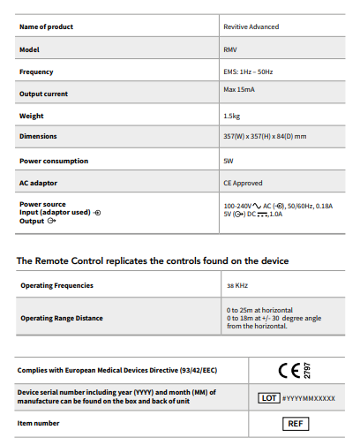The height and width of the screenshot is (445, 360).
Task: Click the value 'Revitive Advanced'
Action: pos(251,27)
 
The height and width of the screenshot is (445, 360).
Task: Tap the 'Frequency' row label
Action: pos(36,72)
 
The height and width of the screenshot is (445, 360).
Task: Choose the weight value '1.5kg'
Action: pos(233,116)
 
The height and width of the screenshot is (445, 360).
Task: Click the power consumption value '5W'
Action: pos(229,162)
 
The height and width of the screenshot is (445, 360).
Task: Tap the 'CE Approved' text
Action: pos(243,183)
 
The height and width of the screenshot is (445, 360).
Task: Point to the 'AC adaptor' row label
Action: pos(39,183)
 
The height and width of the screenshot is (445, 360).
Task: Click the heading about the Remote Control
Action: pos(153,261)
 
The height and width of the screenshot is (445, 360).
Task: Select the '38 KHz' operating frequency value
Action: pos(236,286)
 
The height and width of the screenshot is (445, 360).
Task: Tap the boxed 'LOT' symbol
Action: pos(268,398)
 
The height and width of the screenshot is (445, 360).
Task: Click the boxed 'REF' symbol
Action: pos(296,424)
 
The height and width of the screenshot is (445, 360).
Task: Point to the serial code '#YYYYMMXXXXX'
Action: pos(309,399)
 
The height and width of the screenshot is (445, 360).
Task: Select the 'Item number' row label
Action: pos(40,423)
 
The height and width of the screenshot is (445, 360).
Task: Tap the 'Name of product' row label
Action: pos(47,27)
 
